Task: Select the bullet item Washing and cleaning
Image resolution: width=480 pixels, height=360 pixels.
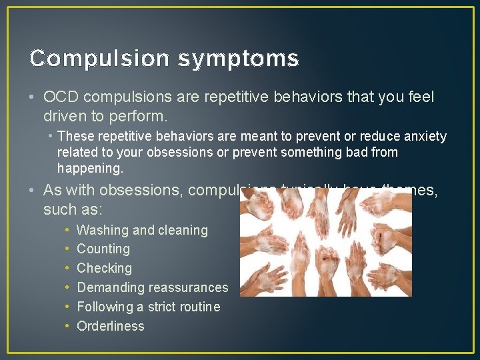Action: click(142, 230)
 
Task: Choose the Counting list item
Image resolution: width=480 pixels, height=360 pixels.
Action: click(103, 249)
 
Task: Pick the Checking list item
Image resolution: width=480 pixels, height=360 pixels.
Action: click(104, 268)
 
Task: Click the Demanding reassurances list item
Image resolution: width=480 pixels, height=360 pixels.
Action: click(152, 287)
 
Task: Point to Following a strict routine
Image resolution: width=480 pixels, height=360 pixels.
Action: click(148, 307)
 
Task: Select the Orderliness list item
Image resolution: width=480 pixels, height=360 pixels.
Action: click(110, 326)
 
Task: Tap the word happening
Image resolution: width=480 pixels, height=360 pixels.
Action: click(90, 169)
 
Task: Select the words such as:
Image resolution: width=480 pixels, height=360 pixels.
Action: click(73, 209)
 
